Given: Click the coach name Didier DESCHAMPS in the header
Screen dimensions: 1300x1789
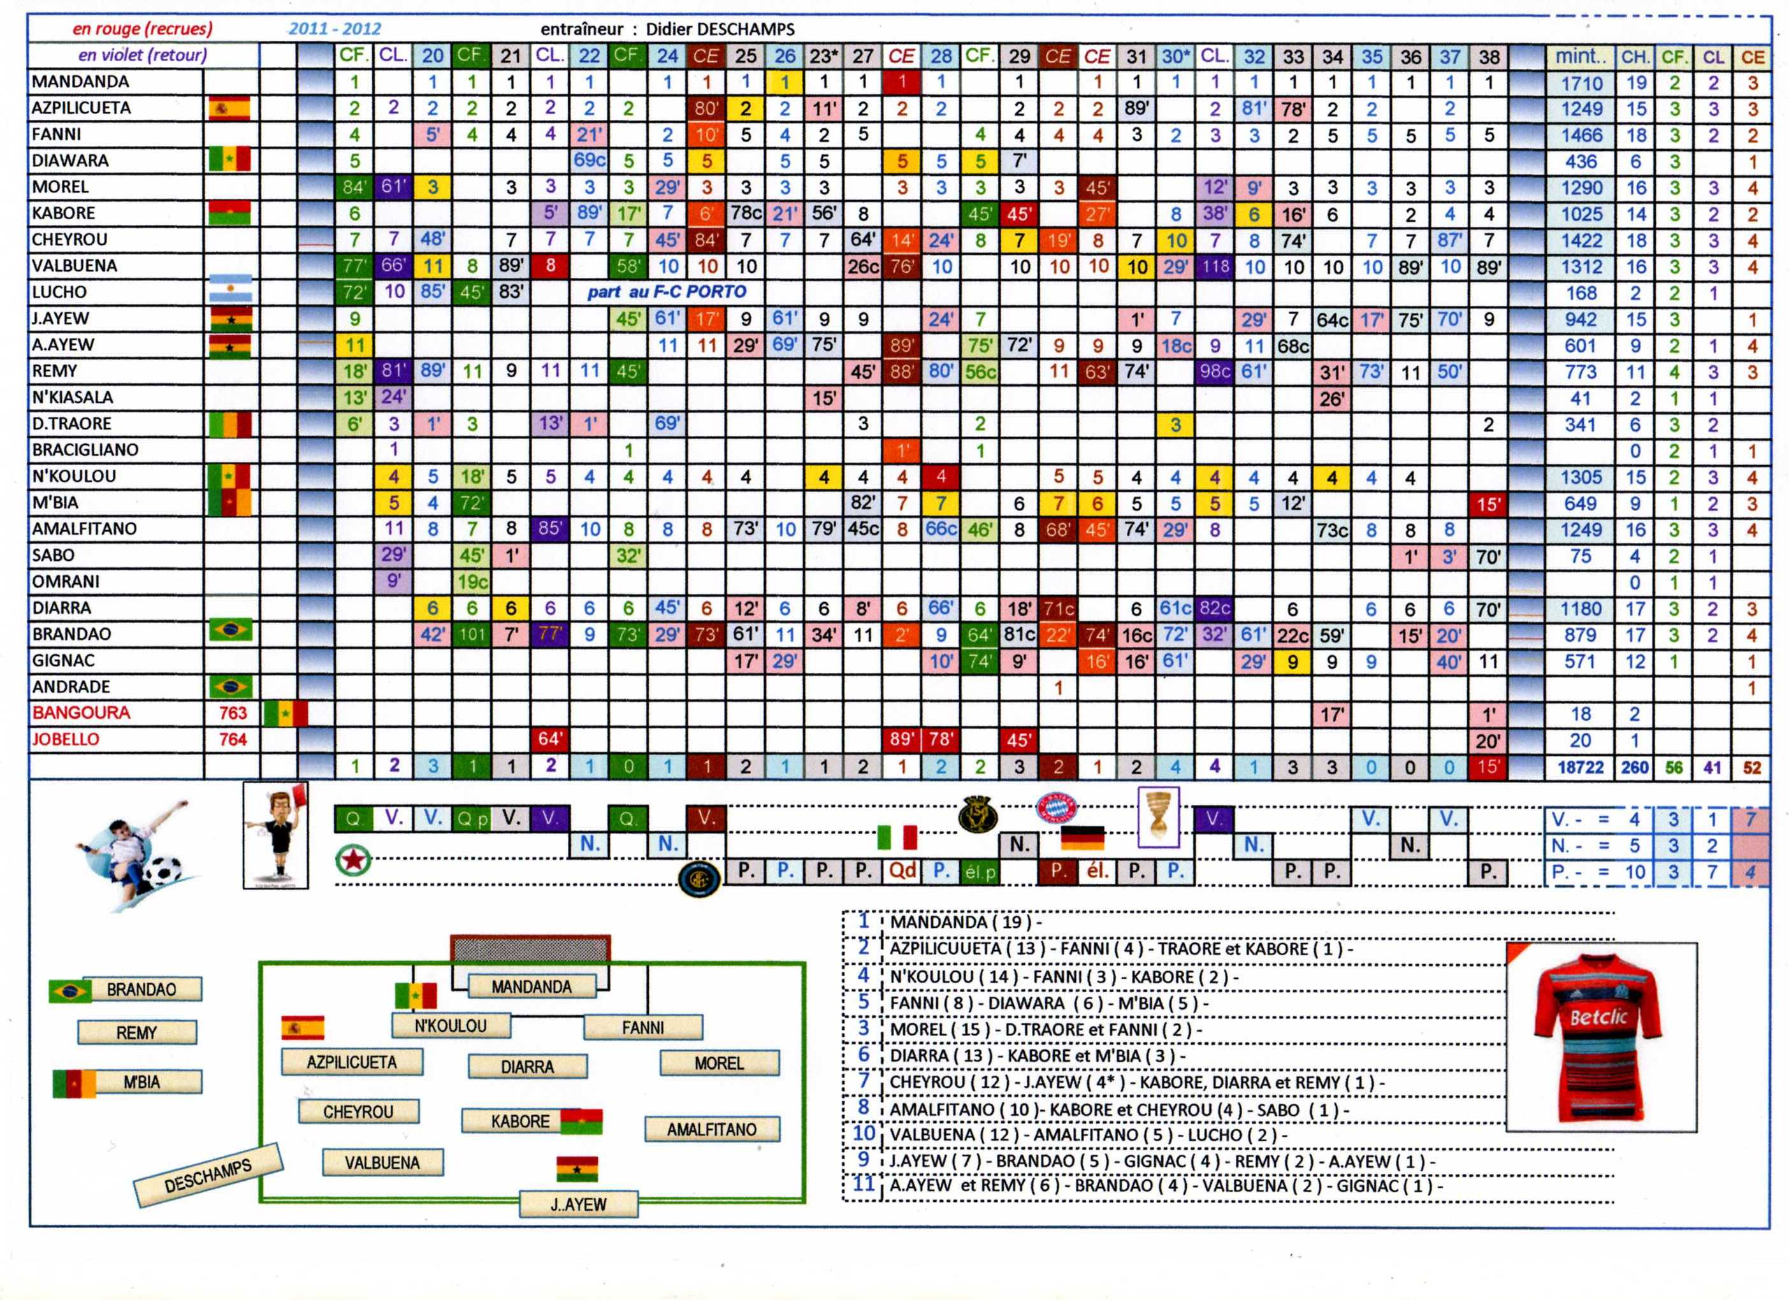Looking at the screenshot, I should [720, 29].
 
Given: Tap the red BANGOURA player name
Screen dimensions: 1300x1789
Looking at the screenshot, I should [80, 712].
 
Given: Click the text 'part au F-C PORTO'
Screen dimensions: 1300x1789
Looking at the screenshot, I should [666, 292].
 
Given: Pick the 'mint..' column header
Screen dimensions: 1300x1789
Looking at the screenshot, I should [1581, 57].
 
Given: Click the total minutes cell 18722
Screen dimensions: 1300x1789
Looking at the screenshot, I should [1580, 767].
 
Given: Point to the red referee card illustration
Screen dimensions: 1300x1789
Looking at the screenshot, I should [275, 835].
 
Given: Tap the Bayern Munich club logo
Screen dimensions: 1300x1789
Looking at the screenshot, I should [1056, 809].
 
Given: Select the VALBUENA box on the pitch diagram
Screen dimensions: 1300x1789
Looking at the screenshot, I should [382, 1162].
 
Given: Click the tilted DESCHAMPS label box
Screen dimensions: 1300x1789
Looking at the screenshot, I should [208, 1175].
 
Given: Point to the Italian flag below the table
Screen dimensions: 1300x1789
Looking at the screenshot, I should [897, 837].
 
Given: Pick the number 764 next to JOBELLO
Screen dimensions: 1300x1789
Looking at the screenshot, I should [233, 739].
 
